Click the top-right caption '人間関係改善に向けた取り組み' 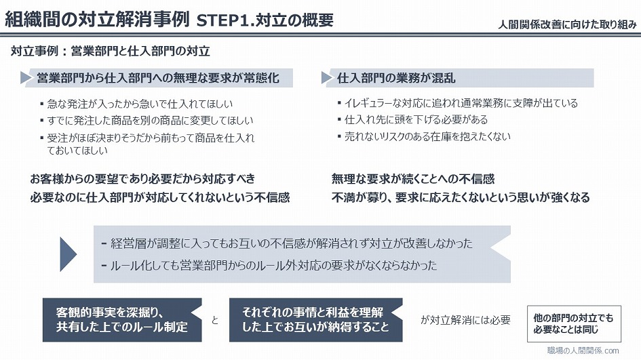coord(567,24)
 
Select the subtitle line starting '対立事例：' coord(111,51)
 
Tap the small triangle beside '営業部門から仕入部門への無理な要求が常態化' coord(26,78)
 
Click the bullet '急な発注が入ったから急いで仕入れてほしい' coord(136,104)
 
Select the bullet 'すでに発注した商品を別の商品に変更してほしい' coord(147,121)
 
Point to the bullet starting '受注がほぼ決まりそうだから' coord(148,144)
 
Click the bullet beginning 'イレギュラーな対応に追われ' coord(458,103)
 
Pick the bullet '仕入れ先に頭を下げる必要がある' coord(413,120)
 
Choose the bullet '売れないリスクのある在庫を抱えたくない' coord(424,136)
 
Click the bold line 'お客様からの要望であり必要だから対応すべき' coord(142,178)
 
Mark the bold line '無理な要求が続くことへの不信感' coord(413,178)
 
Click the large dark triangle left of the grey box coord(68,254)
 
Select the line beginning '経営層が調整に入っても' coord(287,243)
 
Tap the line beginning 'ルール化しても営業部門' coord(269,266)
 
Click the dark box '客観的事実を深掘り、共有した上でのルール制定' coord(122,320)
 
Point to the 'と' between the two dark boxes coord(215,321)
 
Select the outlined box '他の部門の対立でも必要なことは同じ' coord(574,323)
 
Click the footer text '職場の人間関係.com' coord(583,351)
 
